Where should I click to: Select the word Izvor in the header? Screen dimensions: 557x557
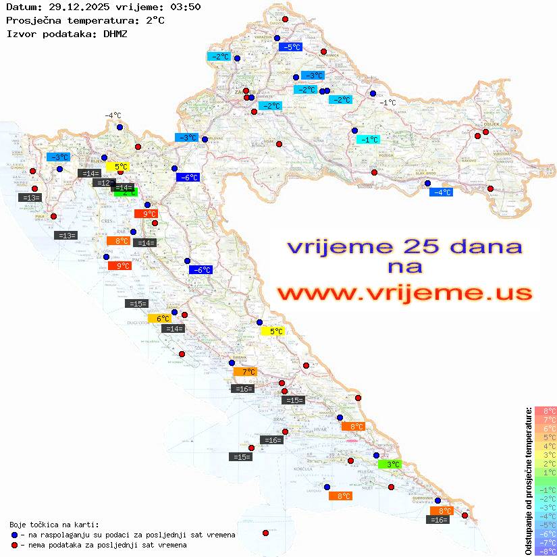coord(20,34)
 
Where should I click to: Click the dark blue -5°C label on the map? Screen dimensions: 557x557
coord(290,47)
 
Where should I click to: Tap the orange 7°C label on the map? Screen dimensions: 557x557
coord(245,372)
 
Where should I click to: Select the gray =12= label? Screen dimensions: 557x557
coord(103,183)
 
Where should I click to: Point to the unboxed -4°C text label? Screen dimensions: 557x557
coord(113,116)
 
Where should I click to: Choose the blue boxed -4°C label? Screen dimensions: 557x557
coord(441,192)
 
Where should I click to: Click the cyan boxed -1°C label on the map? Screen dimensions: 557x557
coord(368,140)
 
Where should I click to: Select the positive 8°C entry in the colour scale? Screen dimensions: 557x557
coord(546,410)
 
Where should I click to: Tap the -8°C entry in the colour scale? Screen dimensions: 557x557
coord(546,551)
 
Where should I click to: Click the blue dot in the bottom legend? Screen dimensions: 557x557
coord(14,535)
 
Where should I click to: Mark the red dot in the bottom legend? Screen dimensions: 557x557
coord(14,545)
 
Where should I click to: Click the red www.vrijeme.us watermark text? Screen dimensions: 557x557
coord(404,293)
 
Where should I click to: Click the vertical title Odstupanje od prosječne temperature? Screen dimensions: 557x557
coord(527,481)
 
